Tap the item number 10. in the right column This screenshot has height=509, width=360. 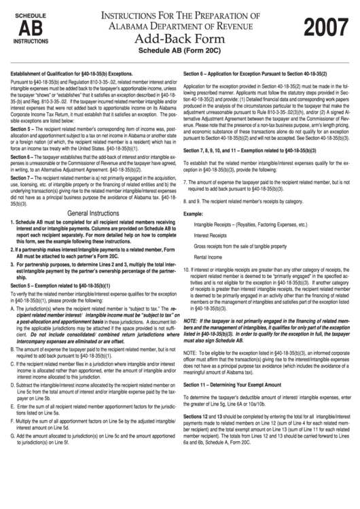coord(188,269)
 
